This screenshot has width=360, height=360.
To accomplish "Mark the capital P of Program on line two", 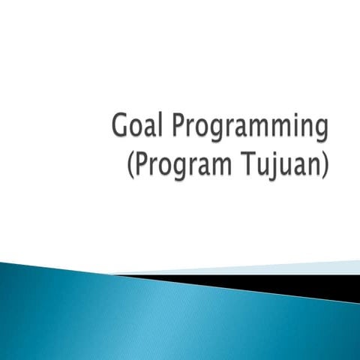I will tap(140, 161).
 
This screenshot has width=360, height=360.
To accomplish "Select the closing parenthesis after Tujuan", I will tap(325, 163).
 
